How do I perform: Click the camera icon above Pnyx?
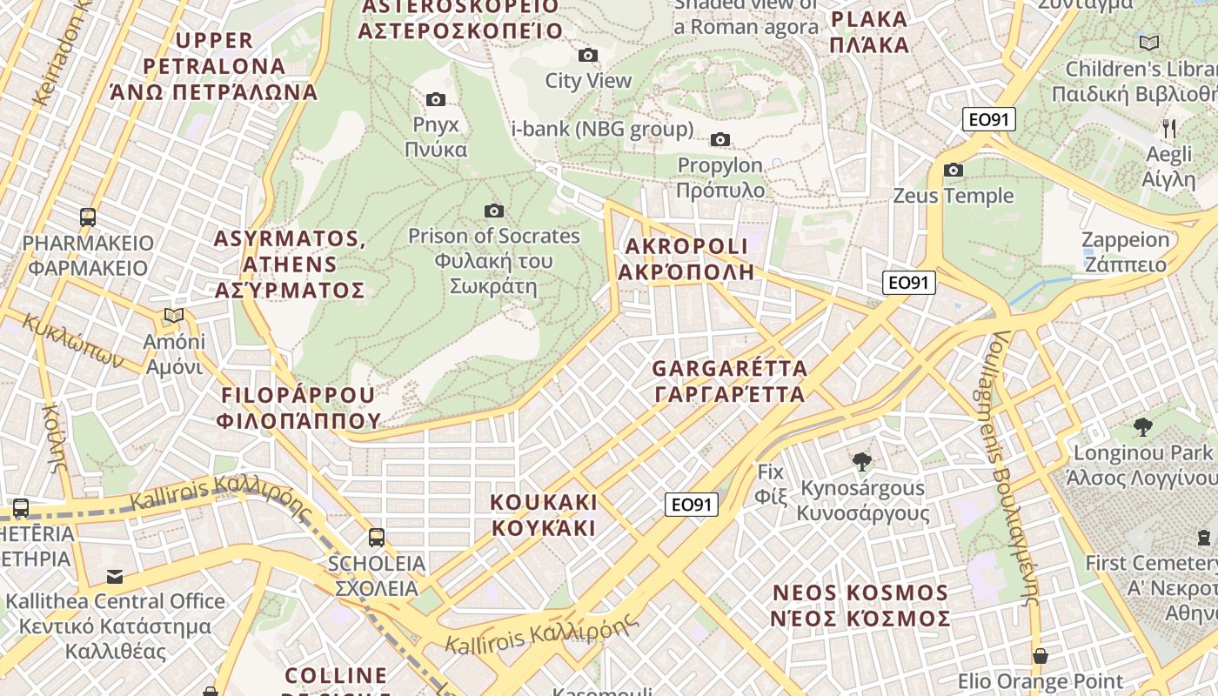click(436, 100)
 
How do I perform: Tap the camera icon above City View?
click(588, 56)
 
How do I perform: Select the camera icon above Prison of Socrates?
click(494, 211)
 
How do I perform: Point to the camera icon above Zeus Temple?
click(954, 170)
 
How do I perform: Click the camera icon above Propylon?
click(720, 139)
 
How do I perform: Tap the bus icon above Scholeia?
click(377, 538)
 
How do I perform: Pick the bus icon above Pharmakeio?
click(88, 217)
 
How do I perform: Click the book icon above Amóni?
click(174, 315)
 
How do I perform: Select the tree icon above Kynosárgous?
click(862, 461)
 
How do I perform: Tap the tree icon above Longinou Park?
click(1143, 426)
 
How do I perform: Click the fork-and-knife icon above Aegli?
click(1169, 129)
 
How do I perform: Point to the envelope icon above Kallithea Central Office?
click(115, 576)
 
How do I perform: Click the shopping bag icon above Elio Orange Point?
click(1041, 655)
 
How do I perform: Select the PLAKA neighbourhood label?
click(869, 32)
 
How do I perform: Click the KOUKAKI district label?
click(544, 515)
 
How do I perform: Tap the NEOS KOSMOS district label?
click(860, 606)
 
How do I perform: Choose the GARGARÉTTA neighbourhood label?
click(730, 381)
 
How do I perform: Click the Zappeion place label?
click(1125, 252)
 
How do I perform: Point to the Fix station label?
click(771, 485)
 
